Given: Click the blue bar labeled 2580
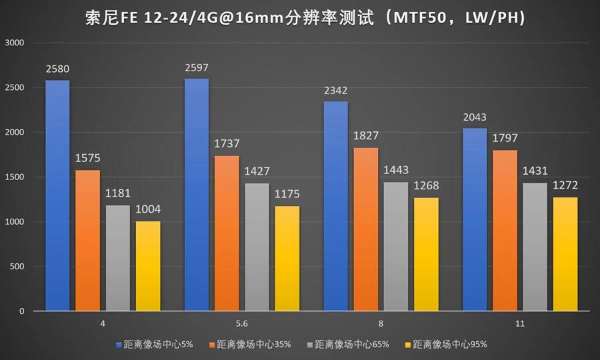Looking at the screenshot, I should (x=58, y=195).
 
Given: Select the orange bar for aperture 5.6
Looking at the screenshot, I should (x=227, y=233).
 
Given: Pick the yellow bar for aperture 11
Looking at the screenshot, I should (x=565, y=254).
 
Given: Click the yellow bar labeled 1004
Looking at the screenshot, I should (x=149, y=266).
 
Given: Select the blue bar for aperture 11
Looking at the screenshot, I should (x=474, y=219).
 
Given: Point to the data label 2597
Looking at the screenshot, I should (x=197, y=67).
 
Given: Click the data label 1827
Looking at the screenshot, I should (x=365, y=135).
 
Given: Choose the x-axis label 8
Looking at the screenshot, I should (x=381, y=323).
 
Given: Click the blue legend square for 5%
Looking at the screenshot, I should (x=119, y=345).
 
